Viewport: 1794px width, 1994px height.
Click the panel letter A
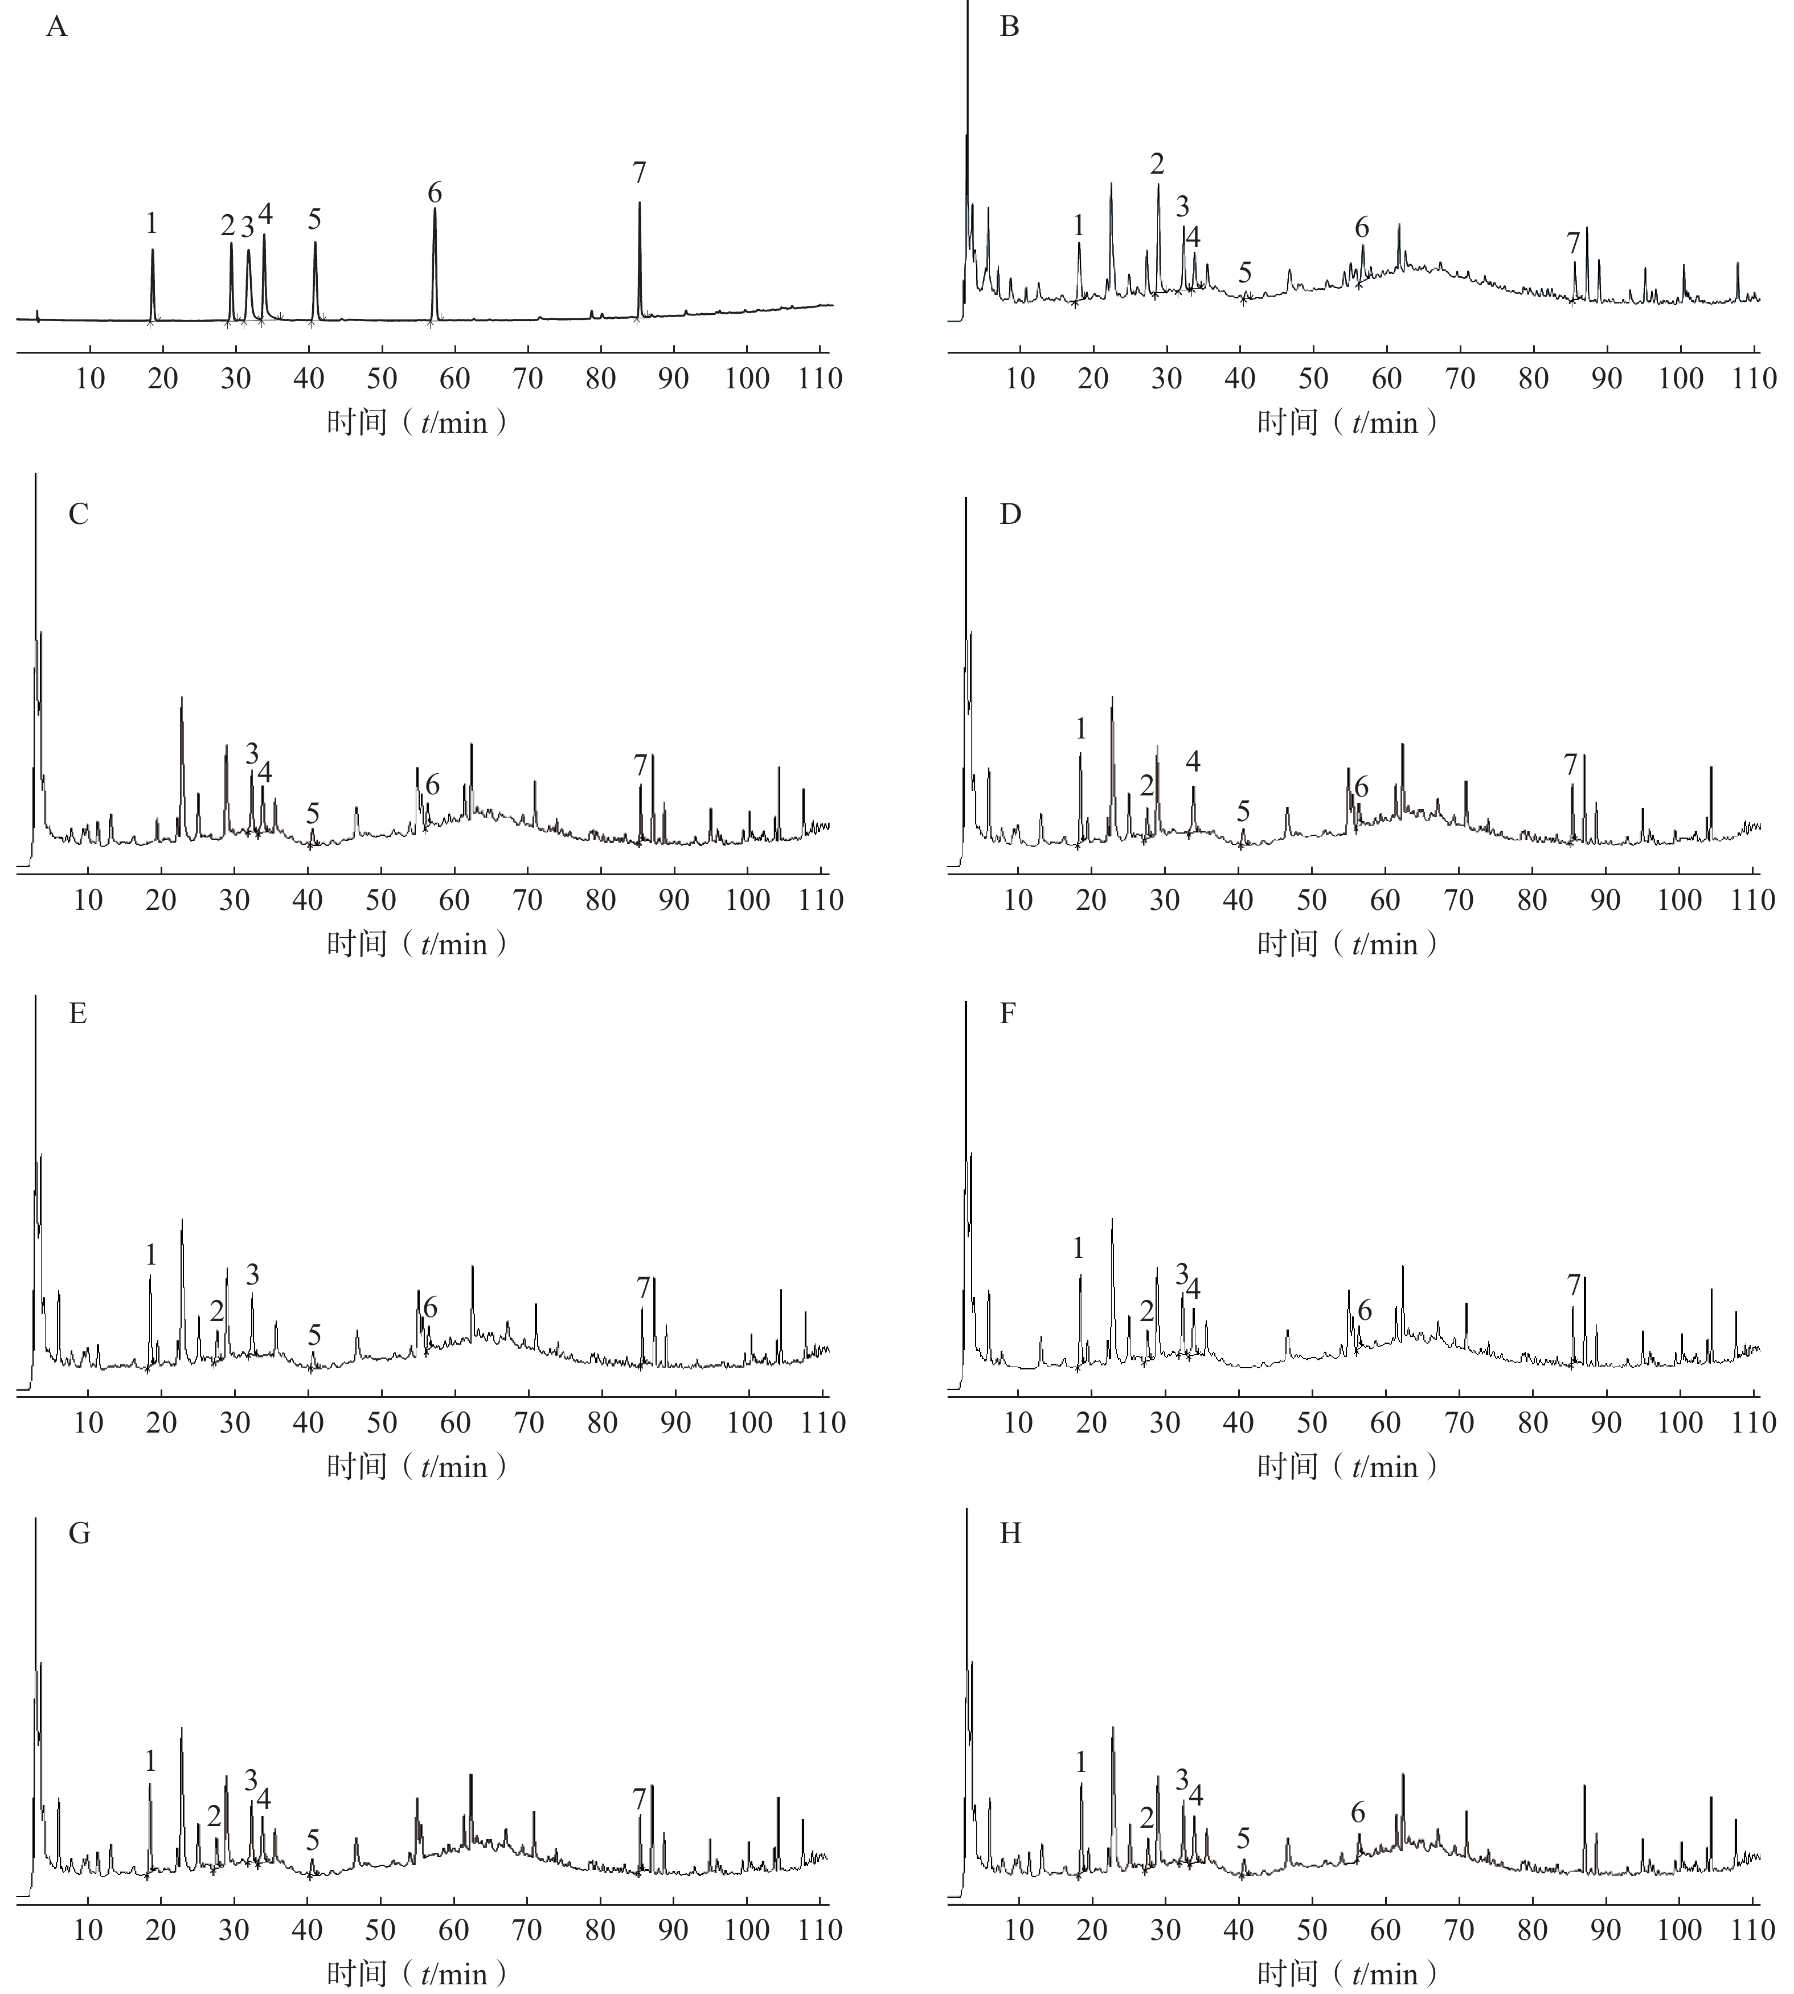point(57,27)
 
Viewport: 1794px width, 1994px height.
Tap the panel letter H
point(1010,1534)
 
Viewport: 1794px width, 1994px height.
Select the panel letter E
point(78,1014)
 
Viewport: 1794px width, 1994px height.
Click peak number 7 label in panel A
point(639,174)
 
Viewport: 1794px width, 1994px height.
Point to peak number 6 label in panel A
point(435,192)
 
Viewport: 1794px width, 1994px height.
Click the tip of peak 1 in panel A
point(153,249)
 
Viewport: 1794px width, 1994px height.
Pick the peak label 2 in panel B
point(1157,165)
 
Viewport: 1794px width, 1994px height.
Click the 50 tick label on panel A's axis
point(383,379)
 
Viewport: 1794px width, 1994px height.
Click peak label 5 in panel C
point(313,813)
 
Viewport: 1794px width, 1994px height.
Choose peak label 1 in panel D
point(1082,729)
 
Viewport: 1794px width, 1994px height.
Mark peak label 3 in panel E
point(252,1274)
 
